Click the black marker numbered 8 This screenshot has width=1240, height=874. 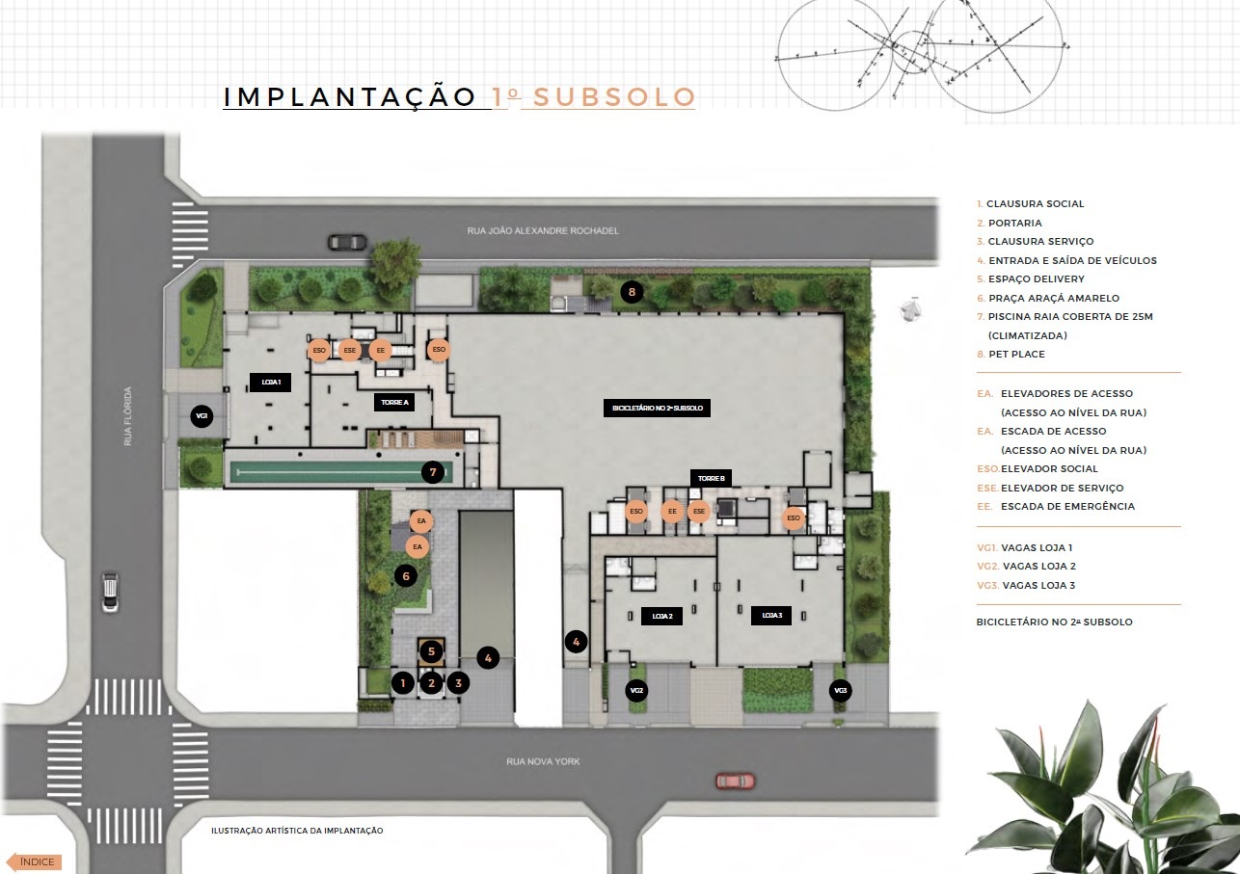(x=632, y=292)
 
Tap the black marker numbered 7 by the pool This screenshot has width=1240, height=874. (x=433, y=472)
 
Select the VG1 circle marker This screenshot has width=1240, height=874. (x=202, y=416)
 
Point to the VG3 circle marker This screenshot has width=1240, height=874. (x=840, y=690)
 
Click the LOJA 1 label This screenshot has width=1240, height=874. (x=271, y=383)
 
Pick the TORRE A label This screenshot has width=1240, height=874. (x=394, y=402)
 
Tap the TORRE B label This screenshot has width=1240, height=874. (x=712, y=479)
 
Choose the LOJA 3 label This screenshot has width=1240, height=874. (x=771, y=615)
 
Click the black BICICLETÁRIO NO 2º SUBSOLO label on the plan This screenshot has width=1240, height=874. (x=657, y=408)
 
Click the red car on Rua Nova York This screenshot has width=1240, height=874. (x=736, y=781)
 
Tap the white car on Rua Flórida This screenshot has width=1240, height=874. (x=110, y=592)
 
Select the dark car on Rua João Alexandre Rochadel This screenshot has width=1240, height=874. (x=348, y=242)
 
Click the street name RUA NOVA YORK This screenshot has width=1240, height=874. (x=543, y=761)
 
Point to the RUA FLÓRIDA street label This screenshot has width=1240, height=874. (x=128, y=416)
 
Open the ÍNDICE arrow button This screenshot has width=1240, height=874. (x=34, y=861)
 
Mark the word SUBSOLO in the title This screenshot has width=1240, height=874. (x=614, y=96)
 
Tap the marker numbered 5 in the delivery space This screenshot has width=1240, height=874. (x=431, y=651)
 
